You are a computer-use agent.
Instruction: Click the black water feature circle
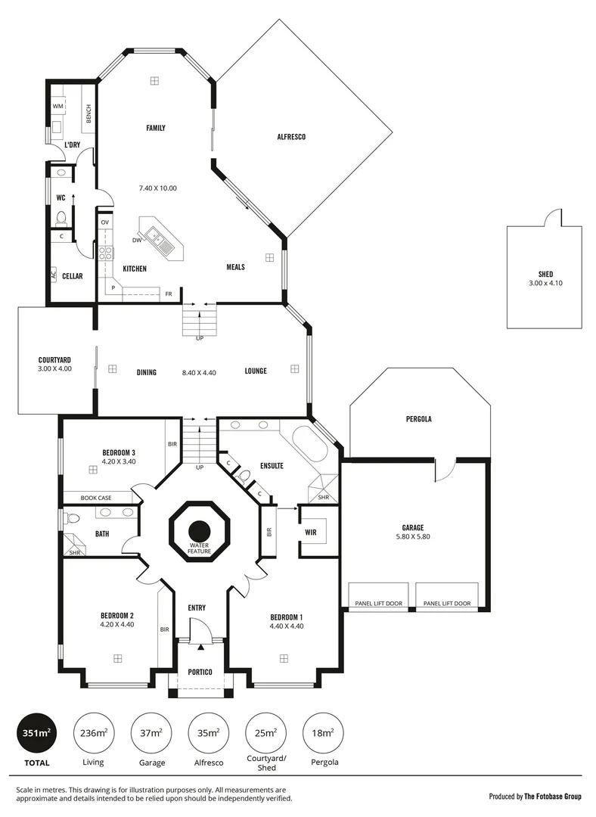[x=200, y=531]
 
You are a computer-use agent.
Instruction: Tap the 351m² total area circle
[x=36, y=732]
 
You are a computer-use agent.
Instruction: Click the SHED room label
[x=545, y=275]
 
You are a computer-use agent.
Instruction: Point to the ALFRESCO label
[x=290, y=137]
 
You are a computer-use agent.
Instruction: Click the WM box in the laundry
[x=58, y=107]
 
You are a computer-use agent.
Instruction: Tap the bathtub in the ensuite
[x=310, y=451]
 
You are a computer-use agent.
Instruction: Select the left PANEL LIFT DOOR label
[x=378, y=604]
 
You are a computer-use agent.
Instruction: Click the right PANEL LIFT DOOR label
[x=446, y=604]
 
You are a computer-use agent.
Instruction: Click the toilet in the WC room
[x=61, y=219]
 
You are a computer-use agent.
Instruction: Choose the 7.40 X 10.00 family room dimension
[x=157, y=188]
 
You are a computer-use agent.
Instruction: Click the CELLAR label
[x=73, y=276]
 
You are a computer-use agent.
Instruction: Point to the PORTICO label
[x=200, y=672]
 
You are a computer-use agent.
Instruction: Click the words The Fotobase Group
[x=554, y=796]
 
